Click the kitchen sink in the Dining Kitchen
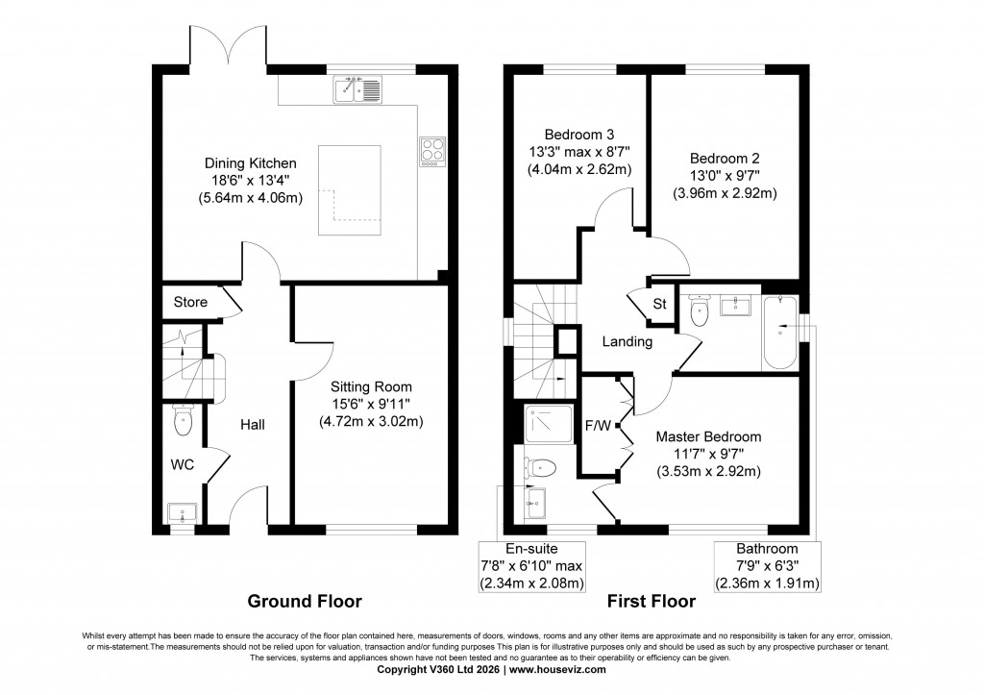(358, 91)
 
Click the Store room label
(190, 302)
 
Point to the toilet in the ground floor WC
(183, 420)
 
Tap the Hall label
(252, 424)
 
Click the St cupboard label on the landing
(659, 305)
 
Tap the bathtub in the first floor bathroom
(780, 333)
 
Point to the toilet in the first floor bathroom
(698, 310)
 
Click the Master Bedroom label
(708, 435)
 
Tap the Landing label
(627, 341)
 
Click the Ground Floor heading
(305, 602)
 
